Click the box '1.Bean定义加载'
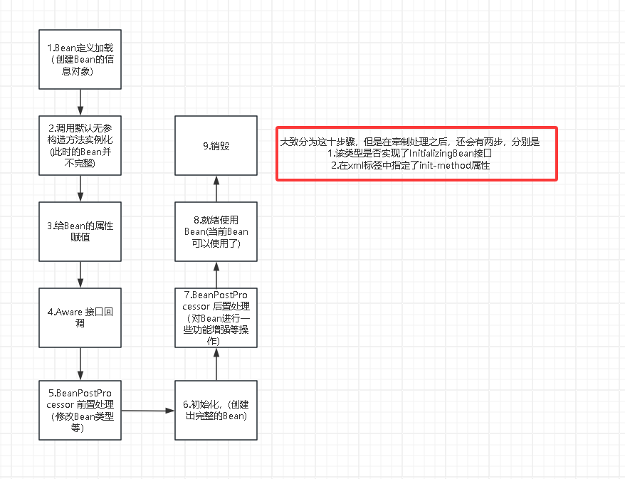click(x=80, y=60)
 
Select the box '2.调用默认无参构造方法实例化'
click(x=80, y=145)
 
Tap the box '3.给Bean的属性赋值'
click(x=80, y=231)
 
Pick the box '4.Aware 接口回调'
click(x=80, y=317)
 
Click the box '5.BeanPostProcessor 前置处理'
click(x=80, y=410)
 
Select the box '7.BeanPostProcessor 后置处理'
click(x=216, y=317)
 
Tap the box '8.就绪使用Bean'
click(x=216, y=231)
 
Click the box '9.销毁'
click(x=216, y=146)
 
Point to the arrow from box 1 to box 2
click(x=80, y=102)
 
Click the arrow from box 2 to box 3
click(x=80, y=188)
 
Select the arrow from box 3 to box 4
click(x=80, y=274)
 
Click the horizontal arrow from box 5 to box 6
click(x=148, y=411)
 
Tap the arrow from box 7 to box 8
click(x=216, y=274)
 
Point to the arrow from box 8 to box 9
click(x=216, y=188)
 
